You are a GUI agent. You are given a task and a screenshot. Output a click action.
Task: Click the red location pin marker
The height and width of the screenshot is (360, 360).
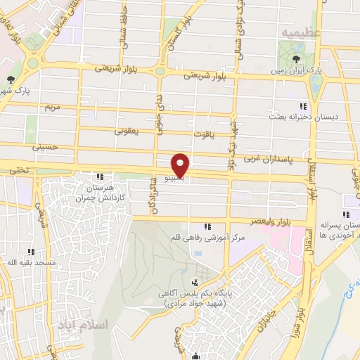(181, 165)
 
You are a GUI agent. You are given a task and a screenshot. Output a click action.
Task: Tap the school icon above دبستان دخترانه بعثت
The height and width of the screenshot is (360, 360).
(303, 105)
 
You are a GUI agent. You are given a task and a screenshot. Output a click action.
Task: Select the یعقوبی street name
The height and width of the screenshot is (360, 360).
(127, 131)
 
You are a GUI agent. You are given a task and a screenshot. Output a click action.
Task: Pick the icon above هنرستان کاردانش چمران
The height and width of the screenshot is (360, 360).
(101, 176)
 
